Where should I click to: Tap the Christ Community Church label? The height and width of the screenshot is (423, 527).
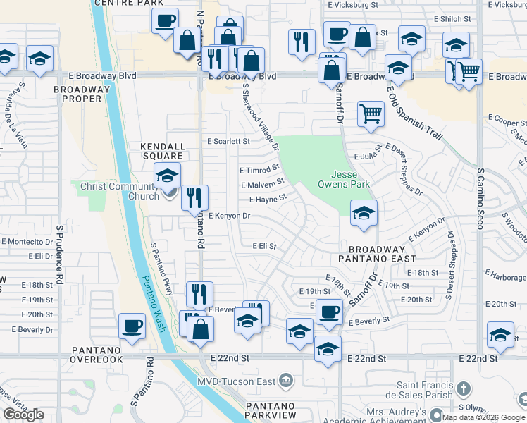tap(120, 191)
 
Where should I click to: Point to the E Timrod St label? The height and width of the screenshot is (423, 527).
tap(259, 170)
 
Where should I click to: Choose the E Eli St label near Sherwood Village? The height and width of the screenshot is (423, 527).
tap(264, 247)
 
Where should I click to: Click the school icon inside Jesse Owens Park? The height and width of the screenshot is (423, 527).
tap(363, 214)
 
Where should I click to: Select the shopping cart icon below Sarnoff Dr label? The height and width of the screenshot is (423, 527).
tap(371, 113)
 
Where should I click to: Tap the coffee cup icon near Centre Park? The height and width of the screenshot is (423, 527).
tap(165, 20)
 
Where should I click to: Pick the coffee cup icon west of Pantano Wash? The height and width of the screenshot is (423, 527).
tap(132, 326)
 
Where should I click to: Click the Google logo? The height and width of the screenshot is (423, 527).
tap(23, 415)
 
